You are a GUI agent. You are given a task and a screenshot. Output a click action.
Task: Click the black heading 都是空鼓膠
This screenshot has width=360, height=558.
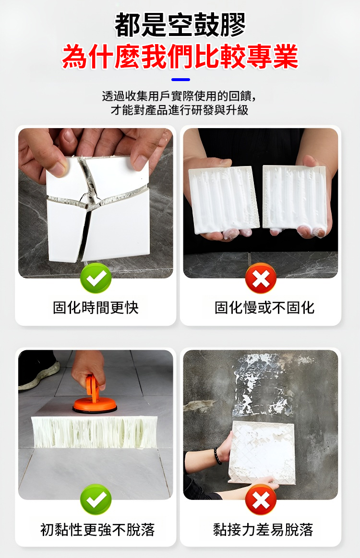(180, 24)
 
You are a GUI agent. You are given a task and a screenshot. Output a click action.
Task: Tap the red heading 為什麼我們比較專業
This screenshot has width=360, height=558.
(180, 56)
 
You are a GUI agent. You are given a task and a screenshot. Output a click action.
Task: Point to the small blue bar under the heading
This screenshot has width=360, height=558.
(180, 80)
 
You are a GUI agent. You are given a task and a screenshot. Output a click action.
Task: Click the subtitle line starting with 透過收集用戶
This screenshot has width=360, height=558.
(180, 96)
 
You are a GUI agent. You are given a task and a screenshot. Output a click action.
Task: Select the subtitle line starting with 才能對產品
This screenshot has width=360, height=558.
(180, 110)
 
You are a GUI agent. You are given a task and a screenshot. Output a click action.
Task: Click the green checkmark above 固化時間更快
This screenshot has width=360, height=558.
(96, 278)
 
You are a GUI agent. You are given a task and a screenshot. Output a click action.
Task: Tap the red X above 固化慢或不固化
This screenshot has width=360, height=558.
(261, 278)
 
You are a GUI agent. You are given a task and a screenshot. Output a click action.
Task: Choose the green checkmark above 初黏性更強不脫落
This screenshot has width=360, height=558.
(96, 499)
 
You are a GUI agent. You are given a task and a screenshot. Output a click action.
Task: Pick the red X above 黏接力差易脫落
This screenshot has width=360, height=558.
(261, 499)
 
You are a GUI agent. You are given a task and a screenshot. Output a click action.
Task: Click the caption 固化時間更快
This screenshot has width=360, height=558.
(96, 308)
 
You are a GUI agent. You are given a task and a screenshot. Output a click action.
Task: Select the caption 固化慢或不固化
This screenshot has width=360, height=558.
(264, 308)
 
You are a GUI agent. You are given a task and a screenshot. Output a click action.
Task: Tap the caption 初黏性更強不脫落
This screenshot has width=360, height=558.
(97, 530)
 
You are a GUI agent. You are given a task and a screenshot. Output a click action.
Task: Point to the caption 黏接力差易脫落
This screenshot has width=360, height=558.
(263, 530)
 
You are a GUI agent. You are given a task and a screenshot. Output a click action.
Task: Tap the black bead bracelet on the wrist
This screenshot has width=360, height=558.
(217, 456)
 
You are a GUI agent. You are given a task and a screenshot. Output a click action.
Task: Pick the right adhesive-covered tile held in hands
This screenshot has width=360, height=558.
(295, 197)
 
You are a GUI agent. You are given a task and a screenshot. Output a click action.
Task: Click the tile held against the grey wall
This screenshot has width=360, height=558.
(262, 452)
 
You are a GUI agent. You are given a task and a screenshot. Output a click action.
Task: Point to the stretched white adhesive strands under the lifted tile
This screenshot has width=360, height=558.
(95, 432)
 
